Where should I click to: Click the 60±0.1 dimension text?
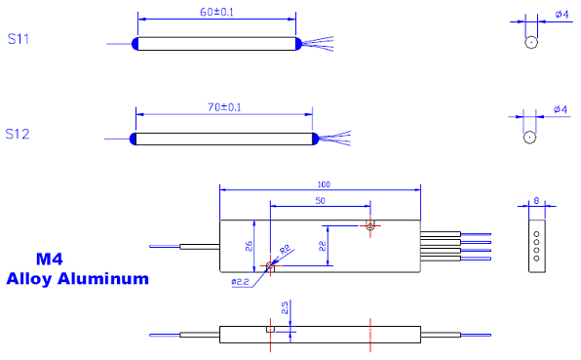click(216, 12)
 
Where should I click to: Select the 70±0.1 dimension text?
click(224, 107)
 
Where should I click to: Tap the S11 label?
click(19, 39)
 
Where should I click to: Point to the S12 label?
click(18, 134)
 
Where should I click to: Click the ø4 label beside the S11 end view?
click(562, 15)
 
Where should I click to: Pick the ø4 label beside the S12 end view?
click(561, 109)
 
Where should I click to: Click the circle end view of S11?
click(531, 42)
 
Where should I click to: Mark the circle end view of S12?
click(529, 138)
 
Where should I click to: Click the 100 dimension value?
click(324, 184)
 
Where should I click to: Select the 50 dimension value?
click(320, 201)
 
